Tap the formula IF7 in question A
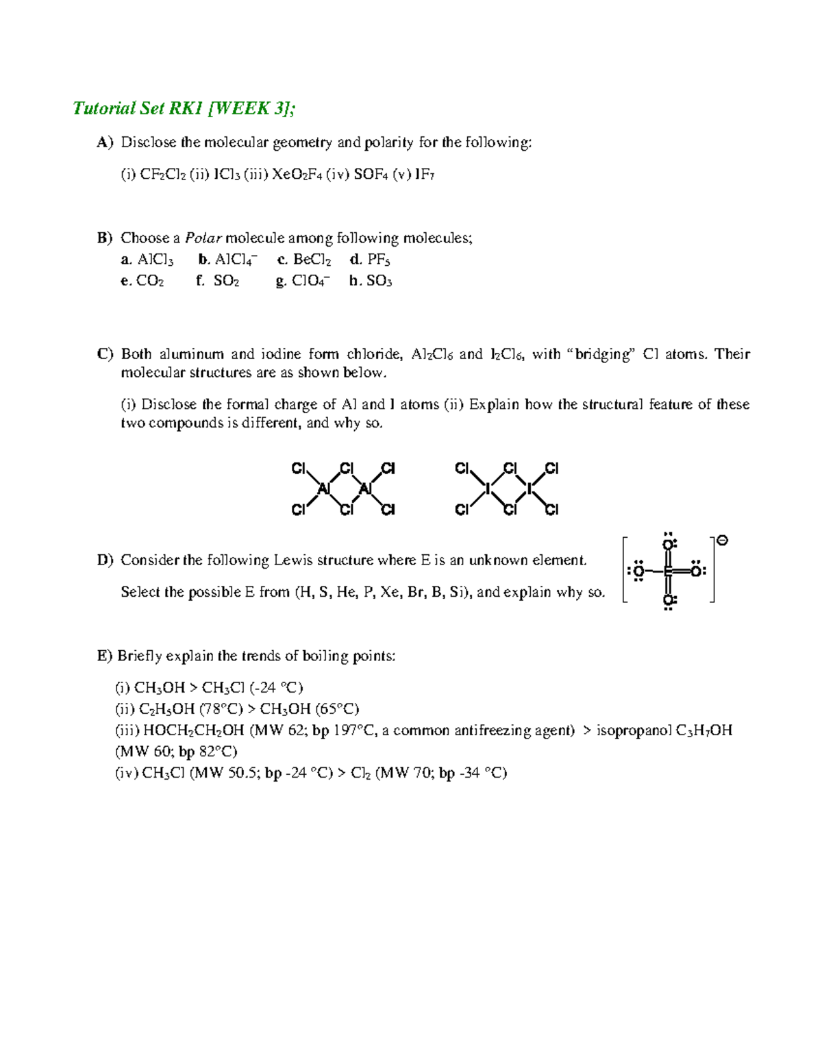[424, 175]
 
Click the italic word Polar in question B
[199, 238]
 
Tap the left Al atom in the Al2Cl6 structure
[325, 488]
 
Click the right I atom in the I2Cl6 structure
[529, 488]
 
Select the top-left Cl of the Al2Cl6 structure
[299, 469]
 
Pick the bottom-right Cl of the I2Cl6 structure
[552, 510]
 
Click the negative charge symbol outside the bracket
[721, 541]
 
